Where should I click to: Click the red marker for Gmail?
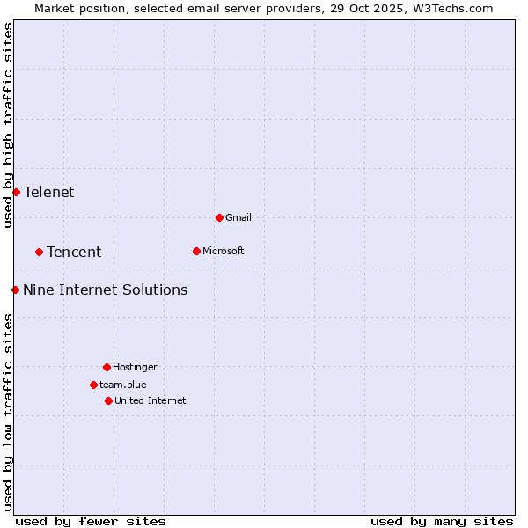coord(219,217)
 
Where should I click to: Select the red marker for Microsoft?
coord(196,251)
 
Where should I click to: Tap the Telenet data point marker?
coord(16,192)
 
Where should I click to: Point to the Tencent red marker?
coord(39,252)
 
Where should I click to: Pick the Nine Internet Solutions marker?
coord(15,290)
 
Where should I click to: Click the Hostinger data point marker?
coord(106,367)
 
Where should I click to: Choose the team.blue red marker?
coord(93,385)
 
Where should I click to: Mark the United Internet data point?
coord(108,400)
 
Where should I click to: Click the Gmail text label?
coord(238,217)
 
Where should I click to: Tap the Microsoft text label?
coord(224,251)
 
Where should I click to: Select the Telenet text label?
coord(49,192)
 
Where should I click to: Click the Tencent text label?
coord(74,252)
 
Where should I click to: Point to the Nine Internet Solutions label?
coord(105,290)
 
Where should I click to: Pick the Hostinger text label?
coord(135,367)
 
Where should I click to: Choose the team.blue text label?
coord(122,385)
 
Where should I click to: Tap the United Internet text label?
coord(150,400)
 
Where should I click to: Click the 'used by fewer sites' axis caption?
coord(91,521)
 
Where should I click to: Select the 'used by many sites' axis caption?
coord(442,521)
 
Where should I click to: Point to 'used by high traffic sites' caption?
coord(8,125)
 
